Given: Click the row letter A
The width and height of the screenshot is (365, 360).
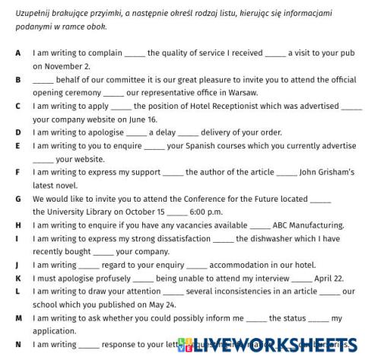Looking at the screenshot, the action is tap(17, 53).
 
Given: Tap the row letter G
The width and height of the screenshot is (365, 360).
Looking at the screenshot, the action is tap(18, 199).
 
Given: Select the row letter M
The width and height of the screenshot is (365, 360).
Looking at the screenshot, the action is tap(19, 317).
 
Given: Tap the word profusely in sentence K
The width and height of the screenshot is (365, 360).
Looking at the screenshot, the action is tap(108, 278).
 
